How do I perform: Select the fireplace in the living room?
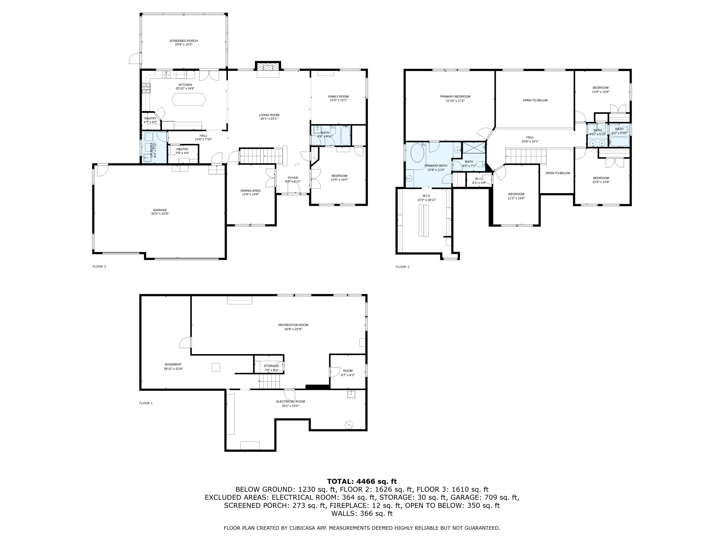268,67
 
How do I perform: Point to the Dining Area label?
251,190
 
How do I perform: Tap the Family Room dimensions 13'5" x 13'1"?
338,100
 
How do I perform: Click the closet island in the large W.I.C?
423,220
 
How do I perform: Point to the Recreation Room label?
293,325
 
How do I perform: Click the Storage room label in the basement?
271,366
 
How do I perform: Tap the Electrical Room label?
290,402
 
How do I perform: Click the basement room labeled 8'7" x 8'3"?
348,373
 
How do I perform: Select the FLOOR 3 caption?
402,267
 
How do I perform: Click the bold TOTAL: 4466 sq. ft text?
362,481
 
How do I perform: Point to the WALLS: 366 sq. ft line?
362,514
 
